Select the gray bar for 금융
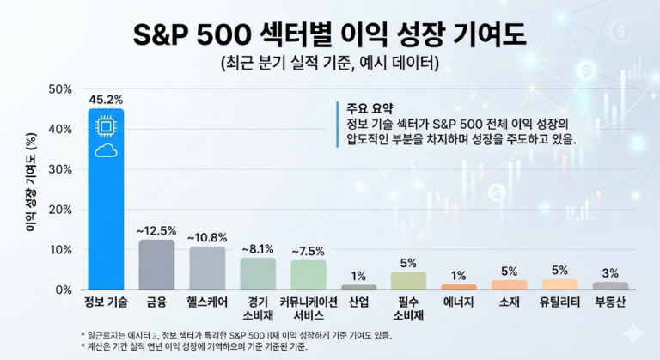coord(156,265)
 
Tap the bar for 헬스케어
coord(207,268)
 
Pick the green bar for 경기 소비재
coord(258,273)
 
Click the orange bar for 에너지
coord(458,287)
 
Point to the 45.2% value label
coord(106,98)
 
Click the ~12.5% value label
coord(156,230)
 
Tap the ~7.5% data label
coord(308,251)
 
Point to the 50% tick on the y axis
coord(60,89)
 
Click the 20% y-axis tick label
coord(60,210)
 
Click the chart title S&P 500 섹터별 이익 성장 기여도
coord(329,35)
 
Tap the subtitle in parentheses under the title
coord(329,63)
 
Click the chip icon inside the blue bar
coord(106,127)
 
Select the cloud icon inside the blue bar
coord(106,151)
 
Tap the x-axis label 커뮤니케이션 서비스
coord(308,308)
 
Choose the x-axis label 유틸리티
coord(559,302)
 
